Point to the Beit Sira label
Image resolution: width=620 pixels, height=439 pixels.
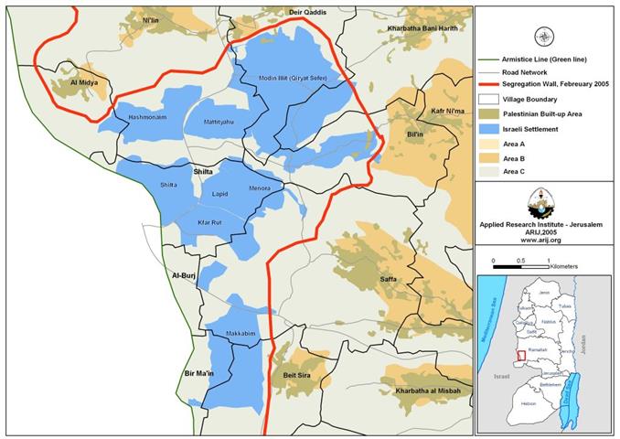(299, 375)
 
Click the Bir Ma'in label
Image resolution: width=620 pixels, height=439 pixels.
(202, 375)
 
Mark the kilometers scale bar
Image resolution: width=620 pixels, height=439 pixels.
(520, 267)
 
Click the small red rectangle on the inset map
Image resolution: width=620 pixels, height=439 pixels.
(521, 355)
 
